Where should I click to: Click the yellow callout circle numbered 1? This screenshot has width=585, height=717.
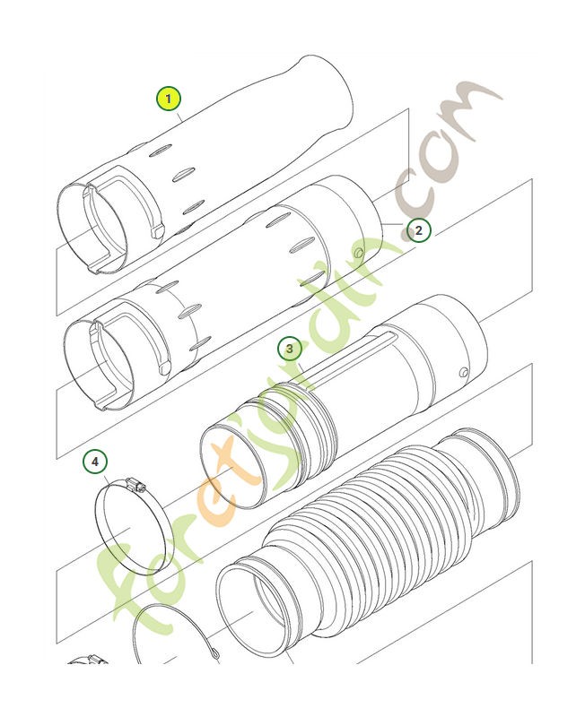(169, 98)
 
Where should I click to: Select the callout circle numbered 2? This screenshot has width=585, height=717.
(418, 230)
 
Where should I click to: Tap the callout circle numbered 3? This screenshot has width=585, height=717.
(289, 348)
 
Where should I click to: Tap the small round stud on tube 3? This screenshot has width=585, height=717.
(462, 372)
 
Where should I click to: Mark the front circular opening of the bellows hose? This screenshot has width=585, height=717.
(260, 609)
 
